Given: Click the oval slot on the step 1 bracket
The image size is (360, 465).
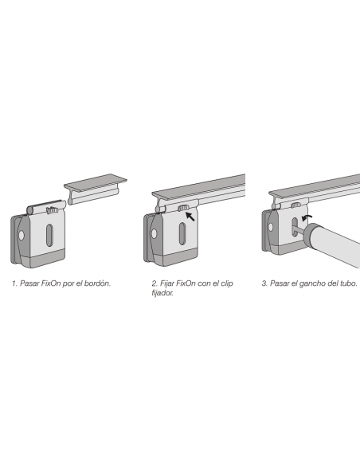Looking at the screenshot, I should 49,236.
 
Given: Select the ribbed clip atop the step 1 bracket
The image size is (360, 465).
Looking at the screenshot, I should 53,210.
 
